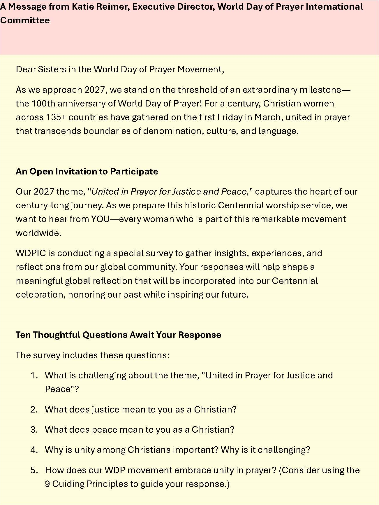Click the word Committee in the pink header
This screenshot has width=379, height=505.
(x=25, y=20)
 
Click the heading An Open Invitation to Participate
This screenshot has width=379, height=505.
(x=87, y=171)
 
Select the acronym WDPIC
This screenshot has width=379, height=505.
(x=31, y=253)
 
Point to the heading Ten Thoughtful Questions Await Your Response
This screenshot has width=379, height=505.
(x=118, y=335)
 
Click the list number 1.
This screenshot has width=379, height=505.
(x=34, y=375)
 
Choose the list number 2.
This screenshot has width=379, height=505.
(x=34, y=410)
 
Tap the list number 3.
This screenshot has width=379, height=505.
(x=34, y=430)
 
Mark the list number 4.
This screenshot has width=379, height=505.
(x=34, y=450)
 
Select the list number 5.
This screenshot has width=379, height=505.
(x=34, y=470)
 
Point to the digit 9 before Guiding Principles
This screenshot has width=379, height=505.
(x=47, y=484)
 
